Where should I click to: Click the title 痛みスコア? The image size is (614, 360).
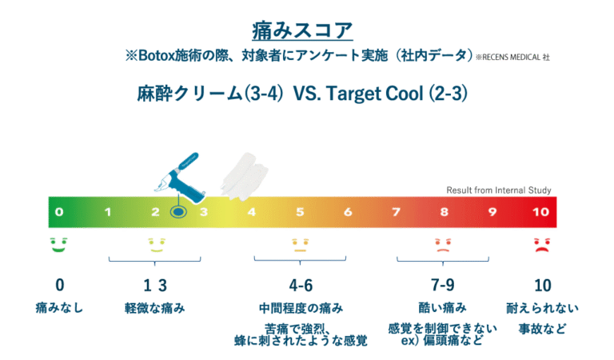click(307, 30)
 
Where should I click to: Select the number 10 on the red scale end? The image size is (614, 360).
click(540, 212)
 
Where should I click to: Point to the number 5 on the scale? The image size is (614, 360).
click(300, 212)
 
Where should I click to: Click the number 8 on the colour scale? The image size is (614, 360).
click(444, 212)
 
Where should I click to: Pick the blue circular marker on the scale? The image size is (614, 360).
click(178, 213)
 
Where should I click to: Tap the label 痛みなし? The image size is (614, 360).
click(60, 307)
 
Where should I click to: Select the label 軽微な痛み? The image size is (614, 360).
click(155, 307)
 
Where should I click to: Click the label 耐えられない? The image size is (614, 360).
click(541, 307)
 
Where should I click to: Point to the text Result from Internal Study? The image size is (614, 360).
click(498, 190)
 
